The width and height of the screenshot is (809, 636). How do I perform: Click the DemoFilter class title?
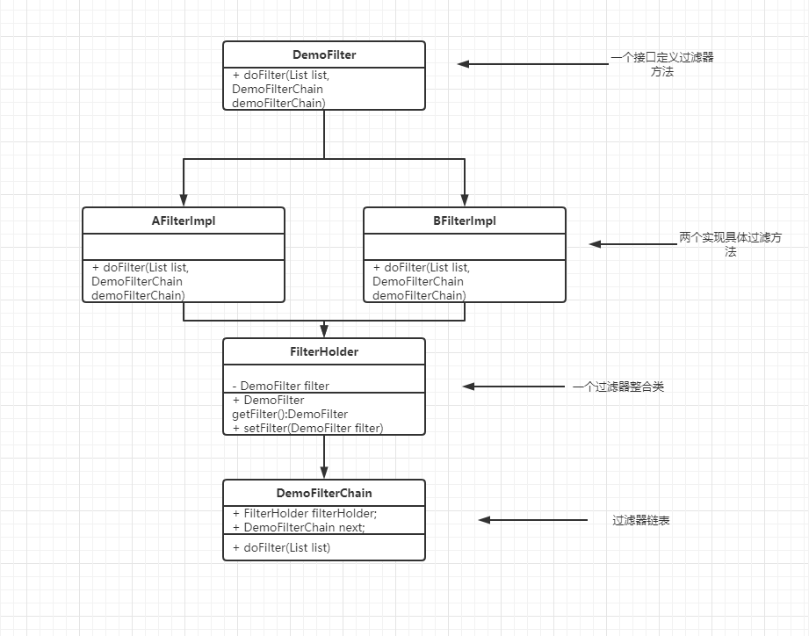coord(324,54)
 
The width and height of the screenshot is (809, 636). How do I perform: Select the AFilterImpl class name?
coord(184,220)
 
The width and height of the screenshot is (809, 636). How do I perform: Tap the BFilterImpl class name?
coord(465,220)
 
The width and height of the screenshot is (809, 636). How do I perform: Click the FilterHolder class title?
coord(324,351)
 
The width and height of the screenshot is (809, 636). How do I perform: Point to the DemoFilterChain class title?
coord(324,493)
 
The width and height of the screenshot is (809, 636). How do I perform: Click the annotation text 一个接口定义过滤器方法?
coord(662,64)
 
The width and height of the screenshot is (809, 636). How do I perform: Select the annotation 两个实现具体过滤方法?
coord(730,244)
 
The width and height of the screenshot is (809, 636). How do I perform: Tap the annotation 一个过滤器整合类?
coord(618,387)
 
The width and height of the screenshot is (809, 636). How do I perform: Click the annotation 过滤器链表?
coord(641,520)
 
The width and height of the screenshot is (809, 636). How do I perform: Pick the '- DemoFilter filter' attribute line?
coord(281,386)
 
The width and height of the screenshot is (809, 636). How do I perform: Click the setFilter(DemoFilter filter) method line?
coord(308,428)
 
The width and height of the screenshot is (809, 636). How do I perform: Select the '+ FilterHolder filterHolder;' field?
coord(305,513)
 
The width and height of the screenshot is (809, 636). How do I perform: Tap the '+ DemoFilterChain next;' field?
coord(299,527)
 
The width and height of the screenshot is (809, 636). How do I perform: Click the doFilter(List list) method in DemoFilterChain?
coord(282,548)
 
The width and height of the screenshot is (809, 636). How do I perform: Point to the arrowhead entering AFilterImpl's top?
coord(184,200)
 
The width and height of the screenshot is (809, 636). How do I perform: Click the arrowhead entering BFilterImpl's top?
coord(465,200)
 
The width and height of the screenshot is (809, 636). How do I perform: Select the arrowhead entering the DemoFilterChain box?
coord(324,473)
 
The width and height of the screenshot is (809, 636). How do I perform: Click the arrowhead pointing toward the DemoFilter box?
coord(463,64)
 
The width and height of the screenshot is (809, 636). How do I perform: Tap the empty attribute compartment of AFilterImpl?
coord(184,247)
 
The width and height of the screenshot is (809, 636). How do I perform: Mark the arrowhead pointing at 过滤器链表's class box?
coord(484,520)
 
